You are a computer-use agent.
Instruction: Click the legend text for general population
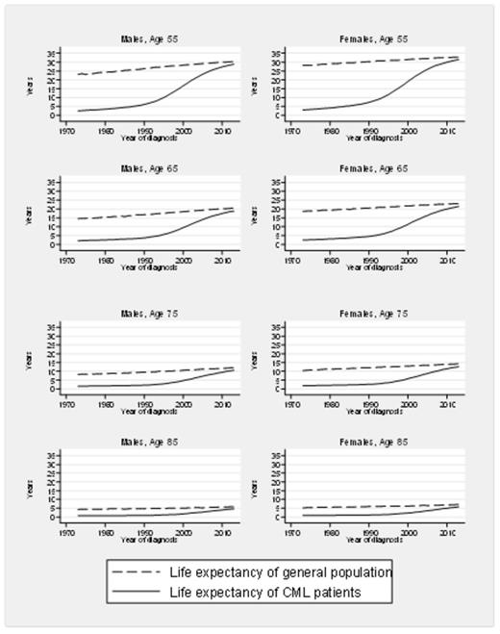[x=301, y=572]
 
